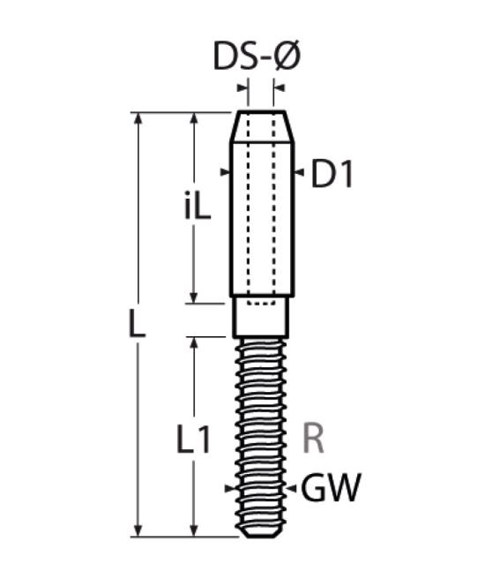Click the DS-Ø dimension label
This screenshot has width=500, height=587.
pyautogui.click(x=257, y=56)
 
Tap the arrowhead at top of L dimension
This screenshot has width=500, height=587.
pyautogui.click(x=138, y=118)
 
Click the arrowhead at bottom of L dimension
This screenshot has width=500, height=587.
pyautogui.click(x=138, y=531)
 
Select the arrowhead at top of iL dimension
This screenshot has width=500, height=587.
pyautogui.click(x=194, y=118)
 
